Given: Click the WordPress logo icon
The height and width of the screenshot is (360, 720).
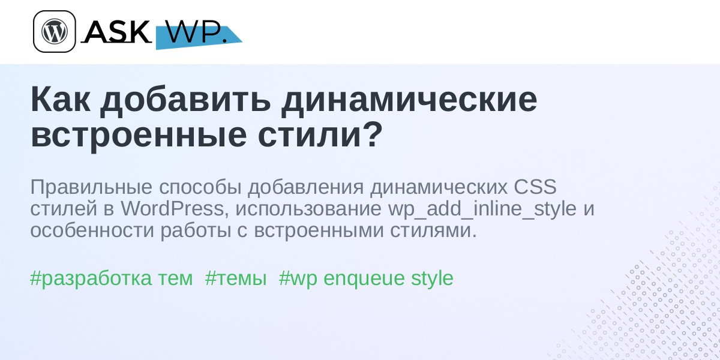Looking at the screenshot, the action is [x=55, y=31].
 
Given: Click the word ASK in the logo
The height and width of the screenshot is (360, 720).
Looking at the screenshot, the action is [x=116, y=32].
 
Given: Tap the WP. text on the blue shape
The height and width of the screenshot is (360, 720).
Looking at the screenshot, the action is [x=196, y=32].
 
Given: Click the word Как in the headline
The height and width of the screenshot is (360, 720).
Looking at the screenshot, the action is [x=61, y=100].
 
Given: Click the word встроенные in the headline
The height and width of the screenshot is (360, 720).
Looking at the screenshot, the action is [x=139, y=136].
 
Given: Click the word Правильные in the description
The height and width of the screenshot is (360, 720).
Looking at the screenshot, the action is [x=91, y=187].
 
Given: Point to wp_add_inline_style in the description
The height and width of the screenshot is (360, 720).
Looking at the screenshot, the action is [x=482, y=209].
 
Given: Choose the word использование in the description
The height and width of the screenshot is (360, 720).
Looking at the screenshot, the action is [x=308, y=209].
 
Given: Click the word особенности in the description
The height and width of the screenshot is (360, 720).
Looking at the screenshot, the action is [x=92, y=230].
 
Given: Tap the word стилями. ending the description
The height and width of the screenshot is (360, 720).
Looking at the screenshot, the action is [x=434, y=231].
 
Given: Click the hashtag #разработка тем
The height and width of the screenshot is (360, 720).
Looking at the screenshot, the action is [x=112, y=278].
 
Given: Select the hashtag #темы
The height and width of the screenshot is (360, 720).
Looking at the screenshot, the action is [x=236, y=278].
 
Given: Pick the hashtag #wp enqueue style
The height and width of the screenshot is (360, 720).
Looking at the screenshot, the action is [x=366, y=278].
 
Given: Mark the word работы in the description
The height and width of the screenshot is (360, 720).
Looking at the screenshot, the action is [x=196, y=230].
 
